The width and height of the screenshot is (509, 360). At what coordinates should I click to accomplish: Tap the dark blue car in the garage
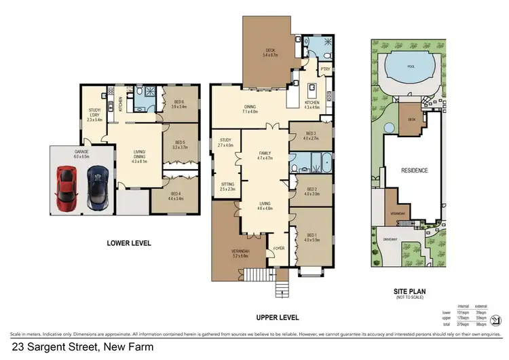tap(97, 187)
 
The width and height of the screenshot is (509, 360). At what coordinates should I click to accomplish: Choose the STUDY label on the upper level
tap(225, 141)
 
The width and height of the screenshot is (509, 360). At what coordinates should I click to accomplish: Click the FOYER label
tap(278, 248)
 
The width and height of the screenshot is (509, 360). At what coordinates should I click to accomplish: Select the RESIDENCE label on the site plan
tap(414, 170)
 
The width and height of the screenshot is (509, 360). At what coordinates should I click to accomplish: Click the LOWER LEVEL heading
tap(129, 242)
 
